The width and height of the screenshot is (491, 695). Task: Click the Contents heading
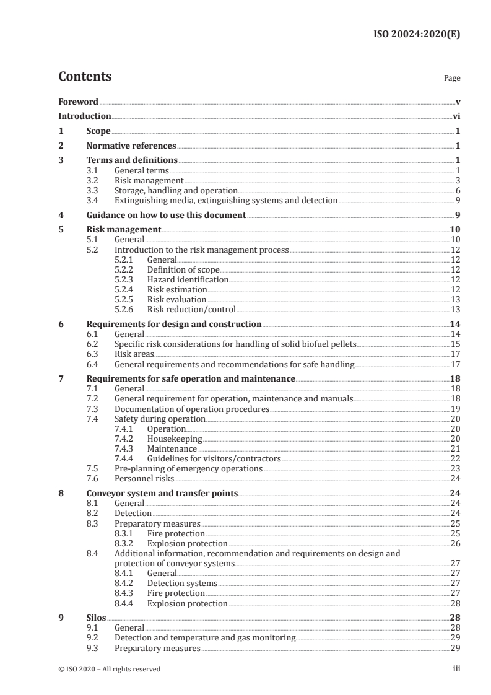tap(85, 77)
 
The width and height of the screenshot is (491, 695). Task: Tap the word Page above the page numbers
tap(452, 79)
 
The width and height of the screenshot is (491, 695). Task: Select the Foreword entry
tap(78, 102)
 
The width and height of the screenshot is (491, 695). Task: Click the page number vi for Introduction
tap(456, 116)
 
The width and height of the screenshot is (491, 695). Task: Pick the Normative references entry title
tap(131, 146)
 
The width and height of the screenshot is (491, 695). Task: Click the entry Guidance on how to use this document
tap(167, 216)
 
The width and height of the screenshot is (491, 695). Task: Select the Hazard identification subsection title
tap(188, 279)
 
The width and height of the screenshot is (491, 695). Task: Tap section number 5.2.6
tap(125, 309)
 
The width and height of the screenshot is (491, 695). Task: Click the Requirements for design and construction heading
tap(174, 324)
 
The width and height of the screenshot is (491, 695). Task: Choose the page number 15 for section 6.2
tap(455, 344)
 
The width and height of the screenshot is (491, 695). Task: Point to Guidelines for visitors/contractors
tap(214, 458)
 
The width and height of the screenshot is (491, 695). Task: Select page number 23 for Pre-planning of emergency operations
tap(455, 468)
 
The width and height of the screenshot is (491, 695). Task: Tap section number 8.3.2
tap(125, 543)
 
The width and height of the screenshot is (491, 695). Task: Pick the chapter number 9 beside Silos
tap(61, 618)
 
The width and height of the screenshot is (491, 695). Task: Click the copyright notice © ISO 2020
tap(110, 669)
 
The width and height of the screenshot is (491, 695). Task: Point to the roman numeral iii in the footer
tap(456, 669)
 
